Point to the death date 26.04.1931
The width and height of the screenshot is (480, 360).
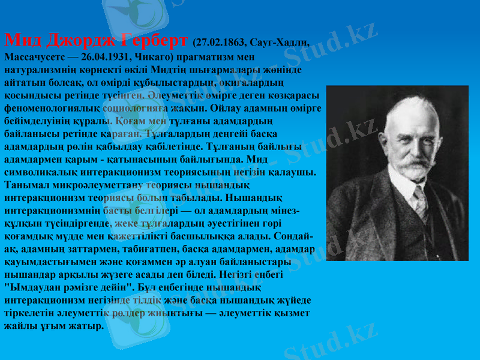[x=100, y=57]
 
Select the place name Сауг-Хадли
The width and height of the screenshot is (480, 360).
[x=283, y=43]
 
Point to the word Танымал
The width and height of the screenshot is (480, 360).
[x=26, y=185]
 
